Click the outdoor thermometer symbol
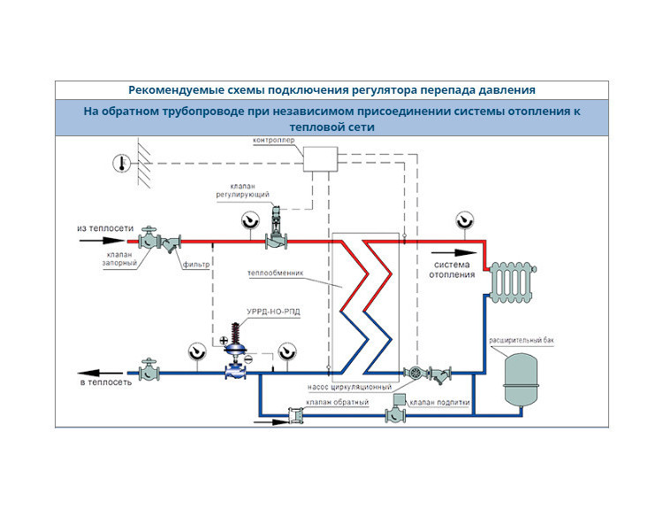click(x=122, y=163)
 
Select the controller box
click(x=321, y=159)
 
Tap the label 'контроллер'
click(x=273, y=140)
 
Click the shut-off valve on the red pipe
click(x=149, y=238)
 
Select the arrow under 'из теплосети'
click(x=102, y=241)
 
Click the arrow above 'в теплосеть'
click(x=101, y=373)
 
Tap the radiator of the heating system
click(x=511, y=281)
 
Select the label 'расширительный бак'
click(x=521, y=340)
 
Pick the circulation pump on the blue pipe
click(x=414, y=373)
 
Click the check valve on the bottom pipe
click(x=295, y=415)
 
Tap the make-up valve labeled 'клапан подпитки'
click(x=396, y=410)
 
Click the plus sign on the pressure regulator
click(x=224, y=341)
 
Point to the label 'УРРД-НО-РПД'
click(x=273, y=312)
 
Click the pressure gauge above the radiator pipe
click(x=464, y=220)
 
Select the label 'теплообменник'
click(x=275, y=273)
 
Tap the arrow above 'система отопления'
click(x=453, y=253)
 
